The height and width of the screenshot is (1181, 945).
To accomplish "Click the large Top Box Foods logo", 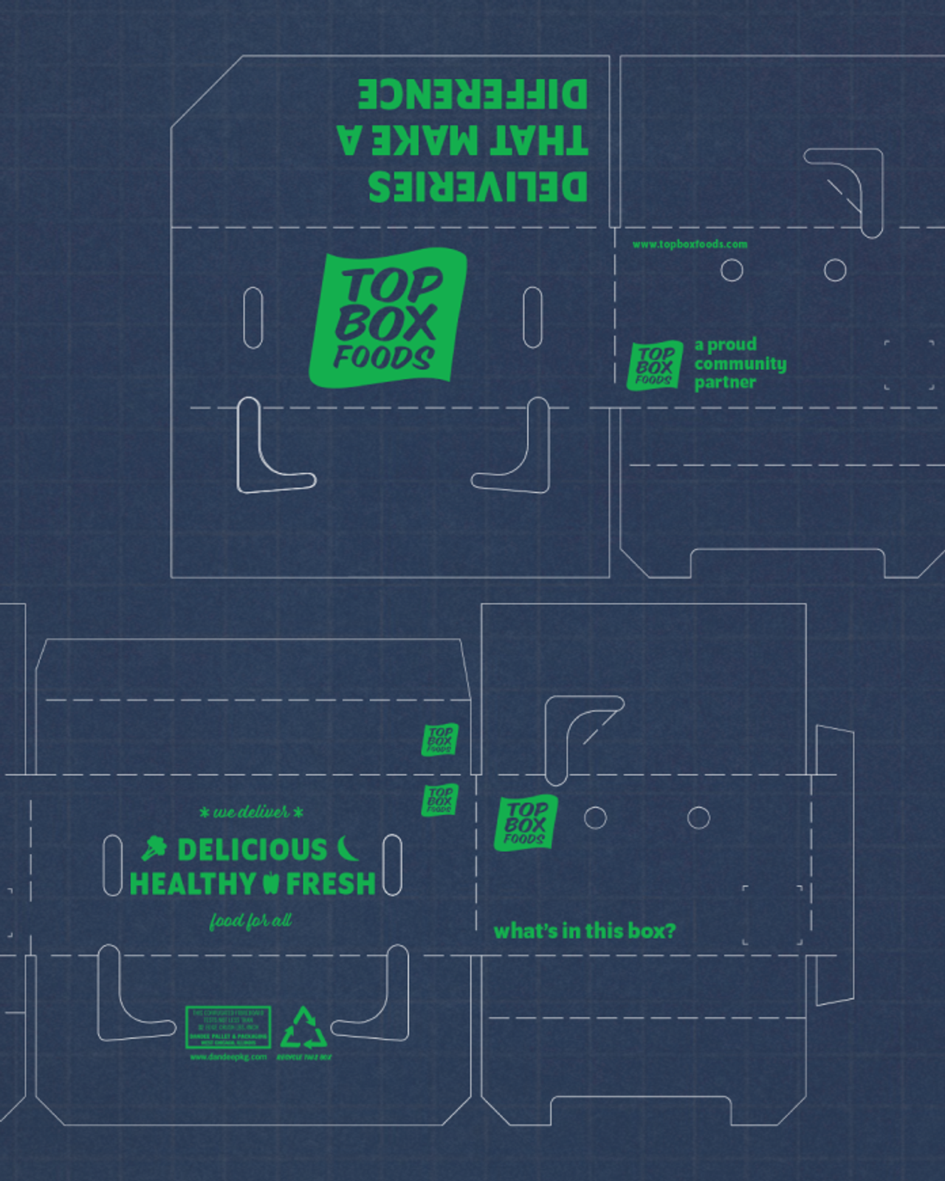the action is [x=386, y=317].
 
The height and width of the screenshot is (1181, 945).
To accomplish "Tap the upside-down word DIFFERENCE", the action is [x=472, y=94].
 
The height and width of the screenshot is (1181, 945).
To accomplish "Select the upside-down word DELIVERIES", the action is [x=478, y=187].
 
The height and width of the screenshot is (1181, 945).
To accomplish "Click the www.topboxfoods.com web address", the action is [x=690, y=244].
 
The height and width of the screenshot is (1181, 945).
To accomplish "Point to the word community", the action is [x=740, y=364].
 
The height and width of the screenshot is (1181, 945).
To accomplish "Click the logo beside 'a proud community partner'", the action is [x=654, y=365].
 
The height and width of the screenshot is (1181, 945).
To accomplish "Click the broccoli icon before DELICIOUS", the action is [x=154, y=849].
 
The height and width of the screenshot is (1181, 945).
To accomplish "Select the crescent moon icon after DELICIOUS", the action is [x=348, y=849].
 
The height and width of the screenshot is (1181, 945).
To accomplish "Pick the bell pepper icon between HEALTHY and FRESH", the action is [x=271, y=883].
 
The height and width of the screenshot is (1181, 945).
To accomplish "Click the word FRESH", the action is [x=330, y=884].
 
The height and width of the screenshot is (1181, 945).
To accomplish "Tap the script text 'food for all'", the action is [x=250, y=921].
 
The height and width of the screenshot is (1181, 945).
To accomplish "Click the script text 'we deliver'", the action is [x=251, y=813].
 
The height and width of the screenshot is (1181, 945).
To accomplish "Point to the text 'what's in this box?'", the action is [x=584, y=931].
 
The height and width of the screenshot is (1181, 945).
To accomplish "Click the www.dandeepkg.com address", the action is [x=228, y=1057].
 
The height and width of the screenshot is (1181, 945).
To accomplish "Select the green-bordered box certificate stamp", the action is [x=228, y=1027].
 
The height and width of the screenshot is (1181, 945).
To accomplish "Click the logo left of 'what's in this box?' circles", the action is [x=524, y=823].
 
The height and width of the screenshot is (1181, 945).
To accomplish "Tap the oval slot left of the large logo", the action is [x=252, y=317].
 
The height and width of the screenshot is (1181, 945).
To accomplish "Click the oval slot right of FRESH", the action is [x=392, y=865].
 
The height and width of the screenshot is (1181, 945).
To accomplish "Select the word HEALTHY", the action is [x=193, y=884].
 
